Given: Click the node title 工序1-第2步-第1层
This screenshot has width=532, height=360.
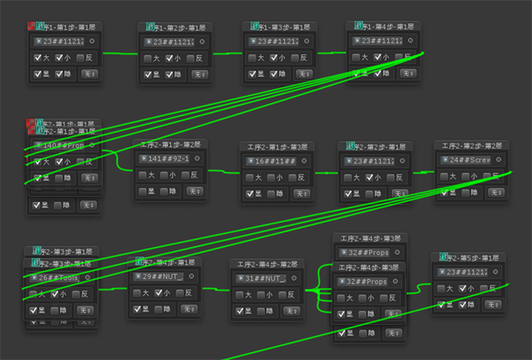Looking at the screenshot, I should (177, 28).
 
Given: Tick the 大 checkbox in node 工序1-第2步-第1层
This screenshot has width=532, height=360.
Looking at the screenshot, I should (148, 58).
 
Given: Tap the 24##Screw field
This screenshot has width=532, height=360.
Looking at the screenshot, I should (469, 160).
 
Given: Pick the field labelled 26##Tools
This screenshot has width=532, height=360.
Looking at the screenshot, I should (58, 277).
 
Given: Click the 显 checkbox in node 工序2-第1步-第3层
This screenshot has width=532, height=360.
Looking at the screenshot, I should (249, 193).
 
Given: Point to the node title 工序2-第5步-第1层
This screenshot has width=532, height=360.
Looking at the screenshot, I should (472, 258).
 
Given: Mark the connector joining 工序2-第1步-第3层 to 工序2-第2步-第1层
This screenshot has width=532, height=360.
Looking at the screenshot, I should (326, 173).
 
